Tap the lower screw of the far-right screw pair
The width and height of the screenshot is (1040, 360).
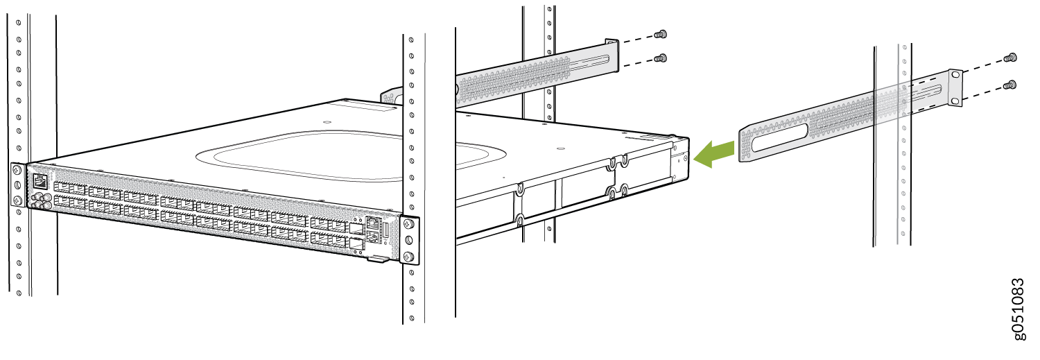click(1012, 85)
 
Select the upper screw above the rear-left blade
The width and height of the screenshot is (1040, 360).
click(661, 33)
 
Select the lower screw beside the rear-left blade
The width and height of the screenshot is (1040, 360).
click(662, 58)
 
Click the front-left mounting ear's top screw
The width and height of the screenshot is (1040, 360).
click(16, 169)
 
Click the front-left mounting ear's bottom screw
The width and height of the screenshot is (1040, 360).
click(17, 200)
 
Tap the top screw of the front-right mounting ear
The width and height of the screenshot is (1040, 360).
click(408, 225)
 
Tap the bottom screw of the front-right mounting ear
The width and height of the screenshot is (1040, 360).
click(408, 258)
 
